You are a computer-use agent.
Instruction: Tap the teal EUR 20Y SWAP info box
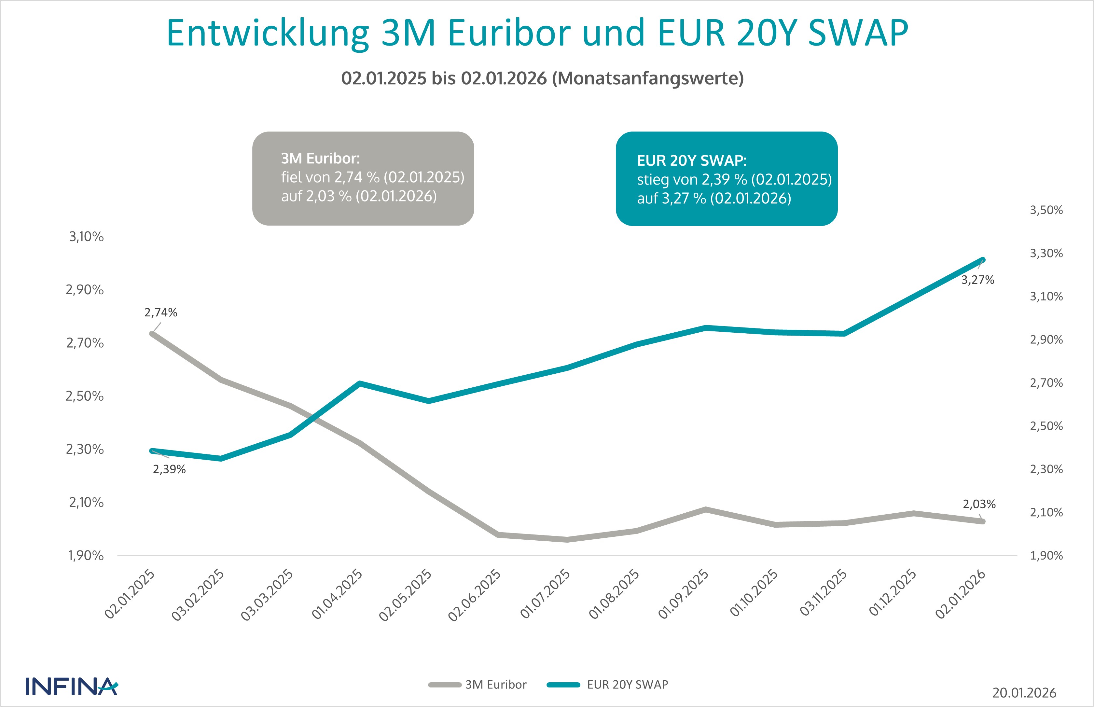tap(726, 179)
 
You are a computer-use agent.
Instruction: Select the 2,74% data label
tap(161, 312)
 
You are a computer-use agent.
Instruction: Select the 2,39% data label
tap(169, 469)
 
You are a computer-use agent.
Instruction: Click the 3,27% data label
tap(977, 280)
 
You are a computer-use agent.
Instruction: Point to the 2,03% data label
tap(979, 504)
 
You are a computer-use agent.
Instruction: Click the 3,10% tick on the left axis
tap(86, 237)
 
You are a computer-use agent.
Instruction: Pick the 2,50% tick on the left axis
tap(85, 396)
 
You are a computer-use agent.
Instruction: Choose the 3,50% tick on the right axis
tap(1046, 210)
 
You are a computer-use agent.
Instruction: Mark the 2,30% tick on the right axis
tap(1046, 469)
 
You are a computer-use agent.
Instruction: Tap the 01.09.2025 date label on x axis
tap(684, 594)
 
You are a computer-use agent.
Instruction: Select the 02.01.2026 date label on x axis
tap(961, 594)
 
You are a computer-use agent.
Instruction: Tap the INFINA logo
tap(72, 686)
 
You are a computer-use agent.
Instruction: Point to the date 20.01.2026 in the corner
tap(1024, 693)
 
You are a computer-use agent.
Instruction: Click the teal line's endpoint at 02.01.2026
tap(982, 260)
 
